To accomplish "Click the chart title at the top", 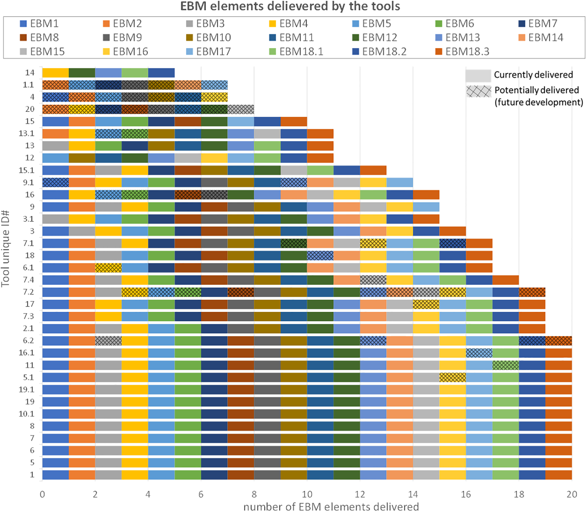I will coord(290,6).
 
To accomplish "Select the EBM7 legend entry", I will coord(538,24).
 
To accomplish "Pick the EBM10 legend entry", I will coord(208,37).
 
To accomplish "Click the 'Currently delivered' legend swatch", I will coord(478,75).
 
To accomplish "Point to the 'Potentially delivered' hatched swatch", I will coord(478,91).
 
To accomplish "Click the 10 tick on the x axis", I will coord(307,494).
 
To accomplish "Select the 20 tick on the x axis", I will coord(571,494).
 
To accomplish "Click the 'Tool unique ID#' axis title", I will coord(5,248).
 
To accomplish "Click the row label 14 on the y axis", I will coord(30,73).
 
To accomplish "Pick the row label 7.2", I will coord(28,292).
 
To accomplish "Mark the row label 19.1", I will coord(27,389).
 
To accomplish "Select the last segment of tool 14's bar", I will coord(161,73).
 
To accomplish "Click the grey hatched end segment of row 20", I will coord(240,109).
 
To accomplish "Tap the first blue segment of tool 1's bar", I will coord(55,475).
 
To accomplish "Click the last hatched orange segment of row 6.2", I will coord(558,340).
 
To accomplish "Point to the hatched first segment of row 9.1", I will coord(55,182).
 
